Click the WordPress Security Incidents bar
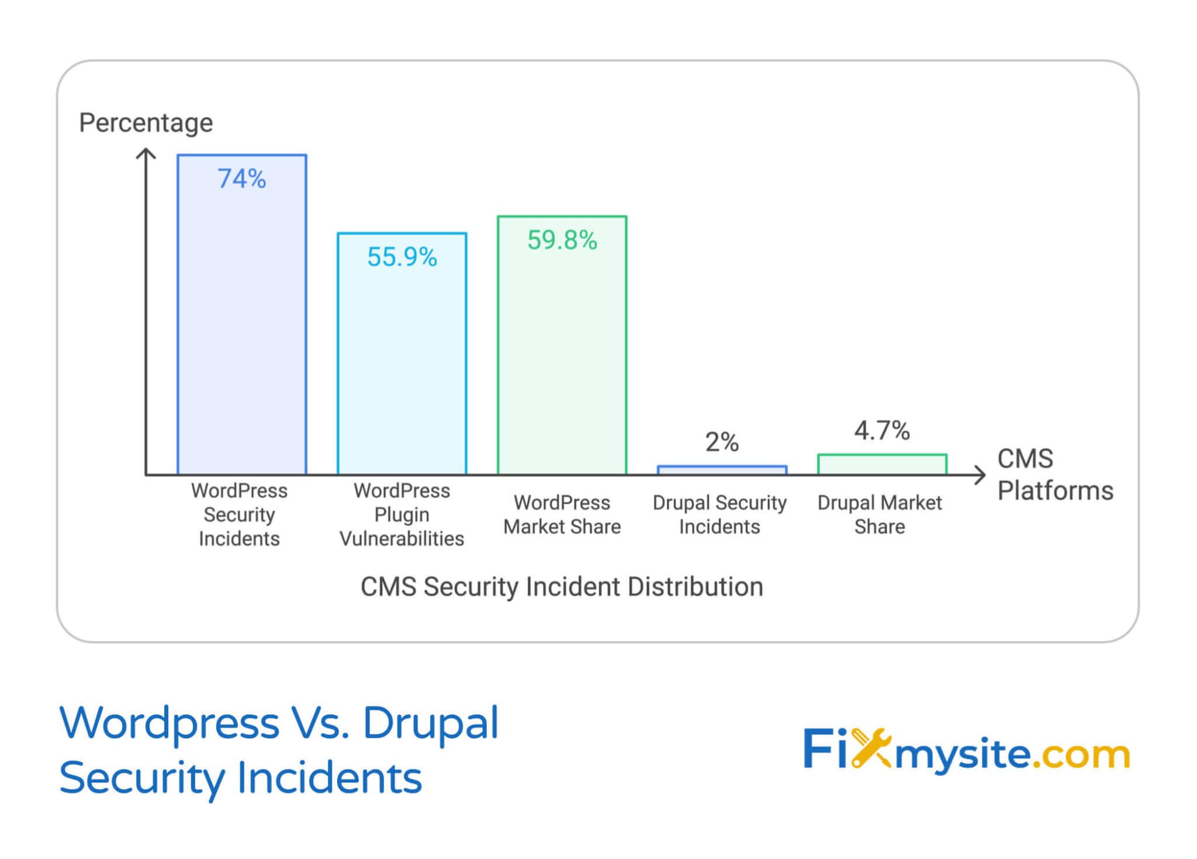coord(241,327)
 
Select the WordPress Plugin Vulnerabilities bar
coord(402,362)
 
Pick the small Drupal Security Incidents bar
coord(722,470)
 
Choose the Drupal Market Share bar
coord(882,465)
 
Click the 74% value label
coord(241,179)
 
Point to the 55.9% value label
coord(402,257)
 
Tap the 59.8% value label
coord(562,240)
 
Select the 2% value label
coord(722,442)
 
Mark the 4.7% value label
coord(882,431)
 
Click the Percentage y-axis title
coord(146,123)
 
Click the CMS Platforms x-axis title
coord(1054,474)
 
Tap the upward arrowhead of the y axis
coord(146,153)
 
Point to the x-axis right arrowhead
coord(981,475)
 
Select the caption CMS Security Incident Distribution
coord(562,587)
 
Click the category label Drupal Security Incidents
coord(719,514)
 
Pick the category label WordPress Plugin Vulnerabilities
coord(402,514)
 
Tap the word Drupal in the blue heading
coord(431,723)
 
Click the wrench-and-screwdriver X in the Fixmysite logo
coord(870,748)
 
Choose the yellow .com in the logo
coord(1081,754)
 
